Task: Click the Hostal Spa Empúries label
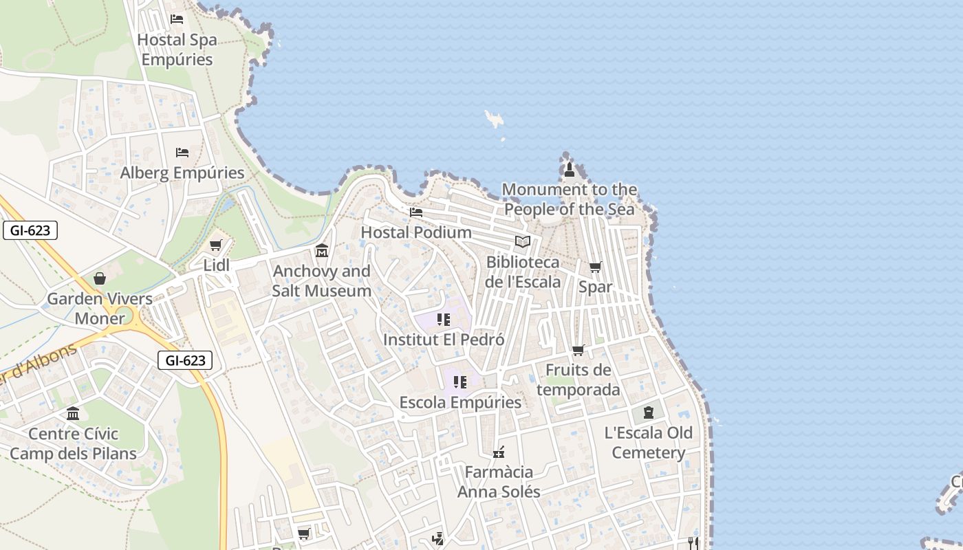pyautogui.click(x=177, y=49)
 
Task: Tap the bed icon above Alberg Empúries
pyautogui.click(x=182, y=152)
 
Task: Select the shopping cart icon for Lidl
pyautogui.click(x=216, y=245)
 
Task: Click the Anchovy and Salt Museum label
pyautogui.click(x=322, y=280)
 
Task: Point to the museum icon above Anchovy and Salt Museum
pyautogui.click(x=322, y=250)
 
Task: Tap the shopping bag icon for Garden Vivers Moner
pyautogui.click(x=100, y=278)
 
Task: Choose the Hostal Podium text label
pyautogui.click(x=416, y=232)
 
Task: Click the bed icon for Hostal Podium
pyautogui.click(x=416, y=212)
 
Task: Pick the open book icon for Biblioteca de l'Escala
pyautogui.click(x=523, y=242)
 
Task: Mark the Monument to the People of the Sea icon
pyautogui.click(x=569, y=169)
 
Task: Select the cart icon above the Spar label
pyautogui.click(x=595, y=267)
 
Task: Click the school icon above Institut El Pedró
pyautogui.click(x=444, y=320)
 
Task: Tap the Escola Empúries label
pyautogui.click(x=460, y=402)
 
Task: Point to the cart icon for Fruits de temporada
pyautogui.click(x=578, y=351)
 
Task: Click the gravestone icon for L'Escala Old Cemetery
pyautogui.click(x=648, y=412)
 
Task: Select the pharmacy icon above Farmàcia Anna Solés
pyautogui.click(x=499, y=452)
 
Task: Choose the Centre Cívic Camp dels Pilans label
pyautogui.click(x=73, y=443)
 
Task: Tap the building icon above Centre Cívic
pyautogui.click(x=73, y=413)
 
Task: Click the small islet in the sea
pyautogui.click(x=494, y=119)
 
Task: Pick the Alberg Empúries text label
pyautogui.click(x=182, y=173)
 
